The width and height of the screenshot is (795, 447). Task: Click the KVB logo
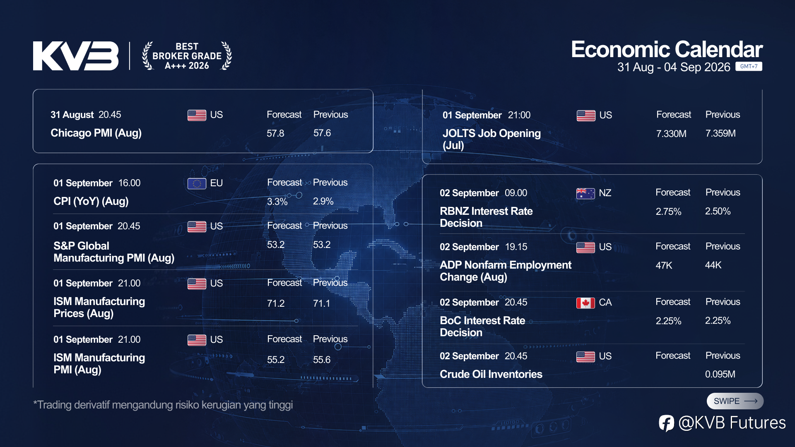[x=76, y=56]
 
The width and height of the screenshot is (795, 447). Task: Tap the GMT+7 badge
[x=749, y=66]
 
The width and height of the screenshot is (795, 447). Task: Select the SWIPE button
[x=735, y=401]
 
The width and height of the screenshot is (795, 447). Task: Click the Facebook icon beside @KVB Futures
[x=667, y=423]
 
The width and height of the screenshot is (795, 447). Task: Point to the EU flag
[x=197, y=183]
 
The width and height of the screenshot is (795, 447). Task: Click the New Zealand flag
[x=585, y=193]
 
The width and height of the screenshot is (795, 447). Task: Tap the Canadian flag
[x=585, y=303]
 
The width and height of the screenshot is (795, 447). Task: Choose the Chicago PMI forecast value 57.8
[x=275, y=133]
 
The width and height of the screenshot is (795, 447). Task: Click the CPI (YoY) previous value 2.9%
[x=323, y=201]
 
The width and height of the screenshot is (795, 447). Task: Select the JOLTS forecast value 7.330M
[x=671, y=134]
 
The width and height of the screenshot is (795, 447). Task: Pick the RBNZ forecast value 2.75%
[x=668, y=211]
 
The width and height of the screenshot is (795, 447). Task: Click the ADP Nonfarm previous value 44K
[x=713, y=265]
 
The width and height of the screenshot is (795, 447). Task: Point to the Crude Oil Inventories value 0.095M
[x=720, y=374]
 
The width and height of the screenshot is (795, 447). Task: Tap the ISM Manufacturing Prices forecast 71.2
[x=276, y=303]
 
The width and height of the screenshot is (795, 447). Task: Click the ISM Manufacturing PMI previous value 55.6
[x=322, y=360]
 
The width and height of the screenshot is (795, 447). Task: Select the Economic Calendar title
[x=667, y=49]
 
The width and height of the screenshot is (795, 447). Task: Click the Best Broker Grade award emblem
[x=187, y=56]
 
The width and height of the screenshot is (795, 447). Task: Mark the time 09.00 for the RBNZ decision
[x=516, y=193]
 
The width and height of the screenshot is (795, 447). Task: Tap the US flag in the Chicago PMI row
[x=197, y=115]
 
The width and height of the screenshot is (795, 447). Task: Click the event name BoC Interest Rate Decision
[x=482, y=327]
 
